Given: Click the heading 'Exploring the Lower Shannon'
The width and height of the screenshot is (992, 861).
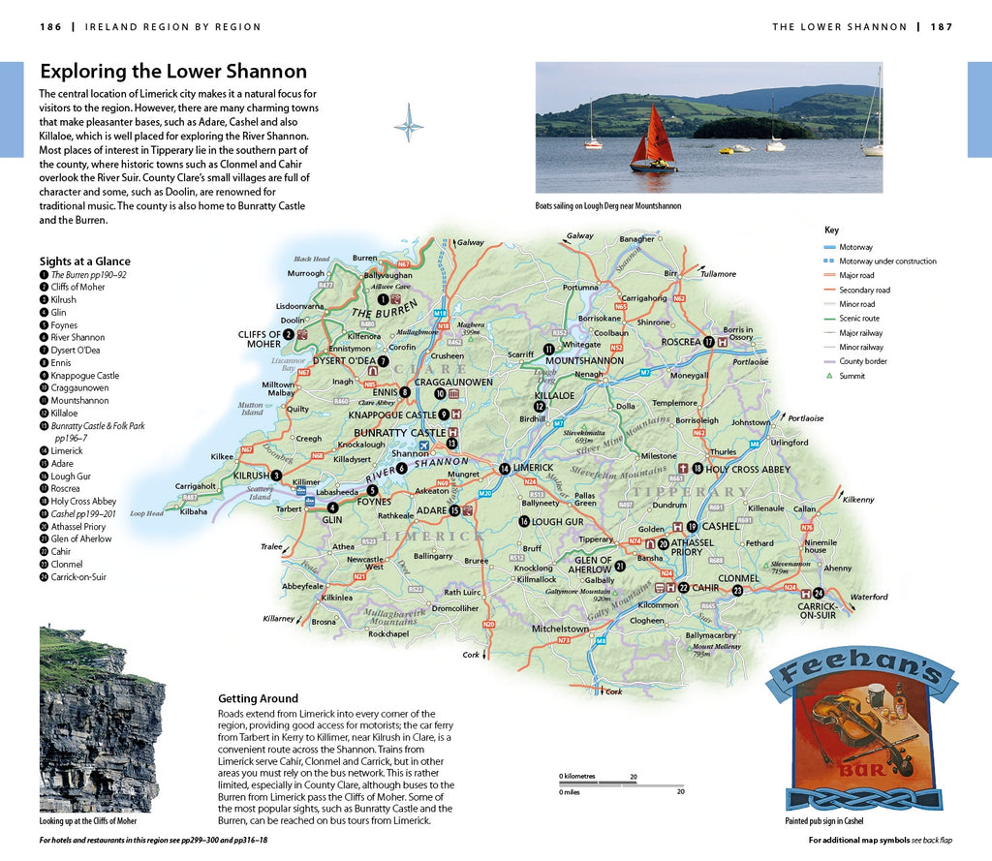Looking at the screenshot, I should pyautogui.click(x=172, y=72).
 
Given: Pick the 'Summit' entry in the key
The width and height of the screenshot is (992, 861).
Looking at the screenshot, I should pyautogui.click(x=852, y=376).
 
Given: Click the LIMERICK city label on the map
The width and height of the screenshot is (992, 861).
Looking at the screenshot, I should pyautogui.click(x=533, y=468).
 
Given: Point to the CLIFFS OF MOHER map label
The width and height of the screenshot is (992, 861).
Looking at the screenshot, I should pyautogui.click(x=259, y=339).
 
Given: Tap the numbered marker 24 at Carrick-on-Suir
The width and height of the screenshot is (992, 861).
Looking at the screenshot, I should pyautogui.click(x=819, y=593).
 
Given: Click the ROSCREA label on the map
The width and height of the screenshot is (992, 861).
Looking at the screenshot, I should pyautogui.click(x=680, y=342).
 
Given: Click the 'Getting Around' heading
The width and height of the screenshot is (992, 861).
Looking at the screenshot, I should pyautogui.click(x=258, y=698).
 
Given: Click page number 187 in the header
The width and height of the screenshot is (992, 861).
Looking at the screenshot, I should pyautogui.click(x=942, y=27).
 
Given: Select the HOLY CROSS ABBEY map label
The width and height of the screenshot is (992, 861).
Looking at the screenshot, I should pyautogui.click(x=748, y=469).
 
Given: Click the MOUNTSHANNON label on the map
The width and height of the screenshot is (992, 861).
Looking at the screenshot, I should pyautogui.click(x=585, y=360).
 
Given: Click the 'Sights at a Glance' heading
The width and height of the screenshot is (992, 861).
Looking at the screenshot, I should pyautogui.click(x=84, y=261).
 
